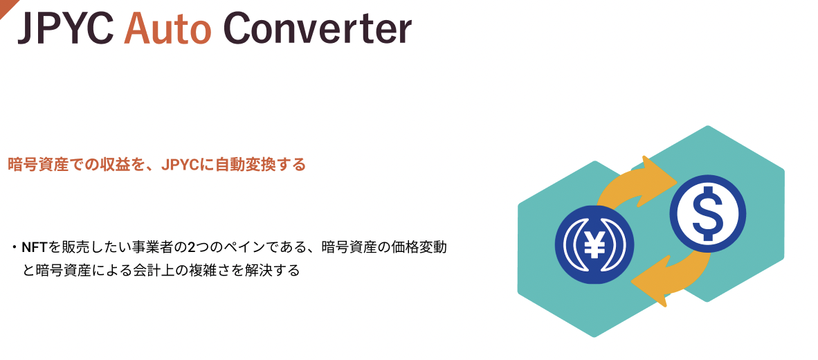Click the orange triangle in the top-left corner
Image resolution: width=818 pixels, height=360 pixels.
coord(7,7)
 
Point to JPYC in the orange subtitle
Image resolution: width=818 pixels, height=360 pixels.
coord(180,164)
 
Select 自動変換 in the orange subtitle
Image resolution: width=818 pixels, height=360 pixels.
coord(238,164)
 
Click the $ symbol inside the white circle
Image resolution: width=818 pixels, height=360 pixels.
coord(707,213)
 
